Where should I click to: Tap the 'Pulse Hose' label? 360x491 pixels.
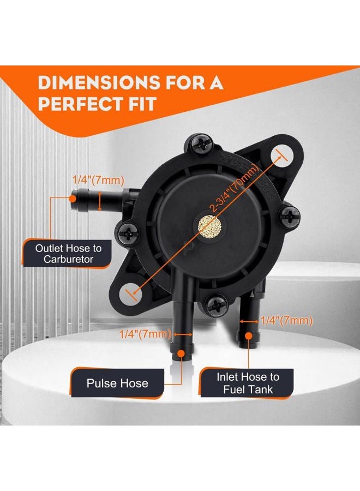[117, 383]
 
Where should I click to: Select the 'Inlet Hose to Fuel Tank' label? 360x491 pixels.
[248, 383]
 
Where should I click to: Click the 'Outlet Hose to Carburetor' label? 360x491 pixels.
[68, 254]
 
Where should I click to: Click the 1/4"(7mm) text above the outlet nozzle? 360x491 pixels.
[98, 179]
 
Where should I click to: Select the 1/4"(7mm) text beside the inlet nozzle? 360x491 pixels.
[287, 321]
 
